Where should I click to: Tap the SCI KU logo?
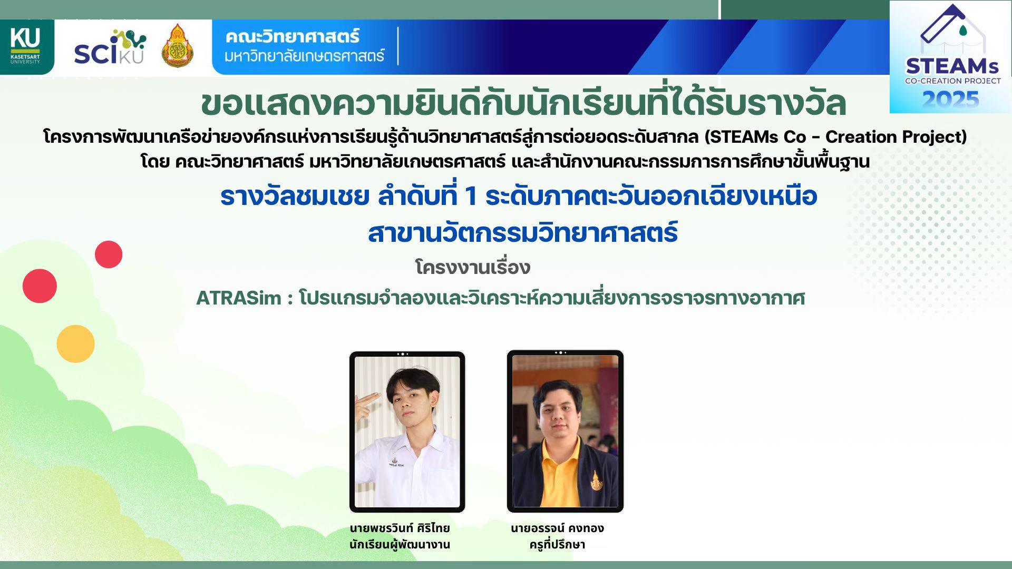coord(110,47)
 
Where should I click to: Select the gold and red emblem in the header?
coord(177,46)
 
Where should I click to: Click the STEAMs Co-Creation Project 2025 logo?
coord(950,57)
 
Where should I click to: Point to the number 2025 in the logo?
coord(950,99)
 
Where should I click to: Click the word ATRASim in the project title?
coord(239,298)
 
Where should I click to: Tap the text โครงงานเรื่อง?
coord(472,267)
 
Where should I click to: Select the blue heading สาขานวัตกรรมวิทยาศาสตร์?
coord(522,233)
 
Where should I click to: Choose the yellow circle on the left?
coord(75,344)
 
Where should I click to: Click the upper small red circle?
coord(109,254)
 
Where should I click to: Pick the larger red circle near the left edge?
coord(40,286)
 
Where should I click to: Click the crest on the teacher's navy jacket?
coord(596,480)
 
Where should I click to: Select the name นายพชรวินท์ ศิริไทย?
coord(400,528)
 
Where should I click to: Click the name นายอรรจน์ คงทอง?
coord(557,528)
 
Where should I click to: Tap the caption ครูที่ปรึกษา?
coord(557,544)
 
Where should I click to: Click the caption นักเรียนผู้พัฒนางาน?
coord(400,544)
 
